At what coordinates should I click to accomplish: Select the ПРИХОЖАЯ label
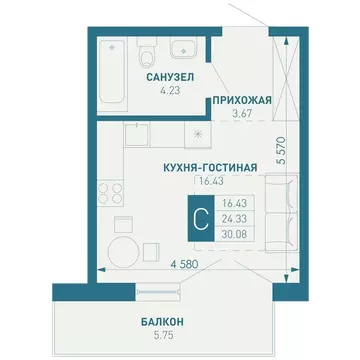[x=239, y=100]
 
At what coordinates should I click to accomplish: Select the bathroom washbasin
[x=182, y=50]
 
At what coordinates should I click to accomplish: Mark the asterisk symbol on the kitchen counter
[x=198, y=132]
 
